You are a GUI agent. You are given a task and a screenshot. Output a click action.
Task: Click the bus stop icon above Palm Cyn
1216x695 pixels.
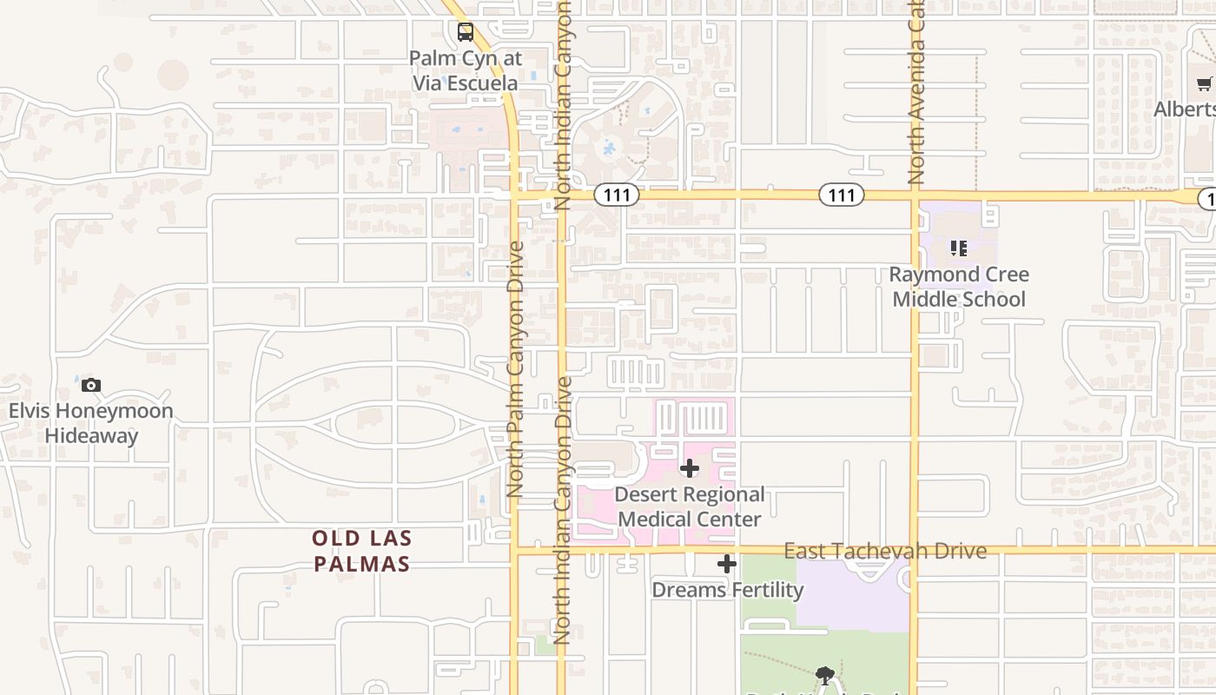click(x=466, y=33)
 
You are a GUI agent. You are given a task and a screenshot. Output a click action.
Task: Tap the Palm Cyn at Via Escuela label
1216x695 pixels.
click(x=465, y=71)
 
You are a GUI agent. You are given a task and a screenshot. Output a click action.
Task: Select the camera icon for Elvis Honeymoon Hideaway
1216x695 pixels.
click(x=91, y=385)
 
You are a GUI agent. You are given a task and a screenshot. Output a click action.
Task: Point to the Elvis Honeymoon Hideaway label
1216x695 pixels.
click(x=91, y=423)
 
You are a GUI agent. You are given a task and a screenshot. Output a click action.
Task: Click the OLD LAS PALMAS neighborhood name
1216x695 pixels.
click(x=361, y=551)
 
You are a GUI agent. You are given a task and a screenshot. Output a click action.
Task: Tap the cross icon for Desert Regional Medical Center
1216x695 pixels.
click(x=690, y=469)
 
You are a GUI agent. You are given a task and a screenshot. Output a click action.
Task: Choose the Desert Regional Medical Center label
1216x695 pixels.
click(x=690, y=507)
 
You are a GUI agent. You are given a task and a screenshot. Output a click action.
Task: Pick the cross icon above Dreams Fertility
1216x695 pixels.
click(x=727, y=565)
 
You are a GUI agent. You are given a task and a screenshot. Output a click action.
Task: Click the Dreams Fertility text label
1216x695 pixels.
click(x=727, y=590)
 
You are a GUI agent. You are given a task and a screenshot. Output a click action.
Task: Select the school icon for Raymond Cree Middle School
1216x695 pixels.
click(x=959, y=249)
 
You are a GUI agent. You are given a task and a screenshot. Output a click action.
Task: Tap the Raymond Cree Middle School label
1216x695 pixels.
click(x=959, y=287)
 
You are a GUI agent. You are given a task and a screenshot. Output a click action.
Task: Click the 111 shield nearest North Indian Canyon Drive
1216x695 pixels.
click(x=617, y=195)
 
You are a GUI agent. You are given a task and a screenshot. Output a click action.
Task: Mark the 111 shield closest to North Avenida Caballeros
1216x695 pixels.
click(x=842, y=195)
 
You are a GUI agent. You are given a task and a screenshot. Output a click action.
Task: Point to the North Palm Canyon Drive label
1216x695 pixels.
click(x=515, y=369)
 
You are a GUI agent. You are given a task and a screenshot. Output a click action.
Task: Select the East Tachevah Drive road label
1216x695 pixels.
click(x=885, y=552)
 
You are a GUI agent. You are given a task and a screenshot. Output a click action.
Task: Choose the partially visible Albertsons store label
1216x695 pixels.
click(x=1186, y=109)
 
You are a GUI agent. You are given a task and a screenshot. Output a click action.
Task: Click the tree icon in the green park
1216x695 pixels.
click(x=825, y=675)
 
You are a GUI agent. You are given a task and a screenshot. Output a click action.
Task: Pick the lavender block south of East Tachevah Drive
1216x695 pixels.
click(x=851, y=596)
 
